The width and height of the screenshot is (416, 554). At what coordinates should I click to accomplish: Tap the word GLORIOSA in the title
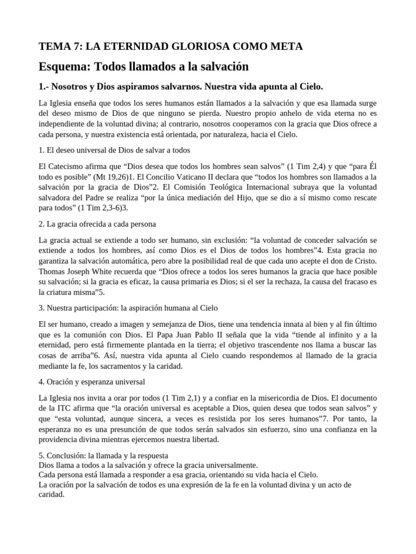(x=183, y=47)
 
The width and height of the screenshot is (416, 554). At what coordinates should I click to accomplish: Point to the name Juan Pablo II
(x=212, y=334)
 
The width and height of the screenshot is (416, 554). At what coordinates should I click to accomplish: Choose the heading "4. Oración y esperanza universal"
(x=92, y=382)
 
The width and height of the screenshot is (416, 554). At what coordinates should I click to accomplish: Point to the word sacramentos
(x=124, y=366)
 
